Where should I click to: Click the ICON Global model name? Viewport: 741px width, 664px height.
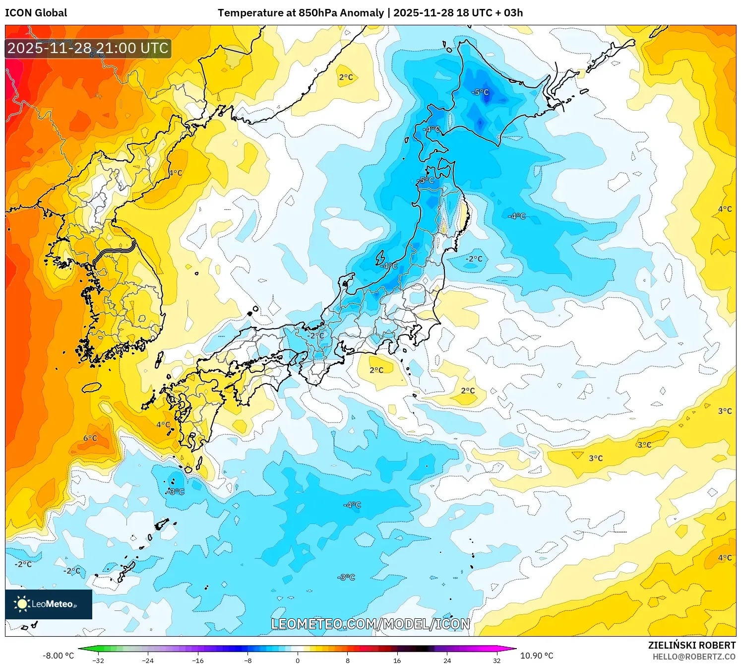tap(36, 13)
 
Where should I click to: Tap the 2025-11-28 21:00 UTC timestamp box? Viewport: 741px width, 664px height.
tap(88, 48)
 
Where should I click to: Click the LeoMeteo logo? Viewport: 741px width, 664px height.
tap(48, 604)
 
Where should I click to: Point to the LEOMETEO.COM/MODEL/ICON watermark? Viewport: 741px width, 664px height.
tap(370, 624)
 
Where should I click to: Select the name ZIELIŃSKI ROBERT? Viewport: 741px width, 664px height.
tap(691, 645)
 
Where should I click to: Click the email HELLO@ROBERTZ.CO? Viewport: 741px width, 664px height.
tap(694, 657)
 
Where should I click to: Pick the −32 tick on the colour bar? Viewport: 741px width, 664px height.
tap(98, 660)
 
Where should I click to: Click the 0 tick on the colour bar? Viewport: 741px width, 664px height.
tap(298, 660)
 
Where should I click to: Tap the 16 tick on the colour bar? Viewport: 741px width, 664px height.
tap(397, 660)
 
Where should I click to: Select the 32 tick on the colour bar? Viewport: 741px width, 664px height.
tap(496, 660)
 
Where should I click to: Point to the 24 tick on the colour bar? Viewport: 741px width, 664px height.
tap(447, 660)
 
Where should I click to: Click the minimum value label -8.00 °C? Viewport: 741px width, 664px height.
tap(58, 656)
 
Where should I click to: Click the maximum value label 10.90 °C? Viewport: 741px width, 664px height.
tap(537, 656)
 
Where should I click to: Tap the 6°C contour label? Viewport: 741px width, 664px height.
tap(90, 438)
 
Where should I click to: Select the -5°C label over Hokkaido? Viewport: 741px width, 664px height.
tap(480, 92)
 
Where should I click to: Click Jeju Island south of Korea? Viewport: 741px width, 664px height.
tap(91, 387)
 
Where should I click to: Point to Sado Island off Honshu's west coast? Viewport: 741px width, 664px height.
tap(380, 258)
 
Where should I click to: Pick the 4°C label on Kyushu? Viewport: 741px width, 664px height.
tap(163, 425)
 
